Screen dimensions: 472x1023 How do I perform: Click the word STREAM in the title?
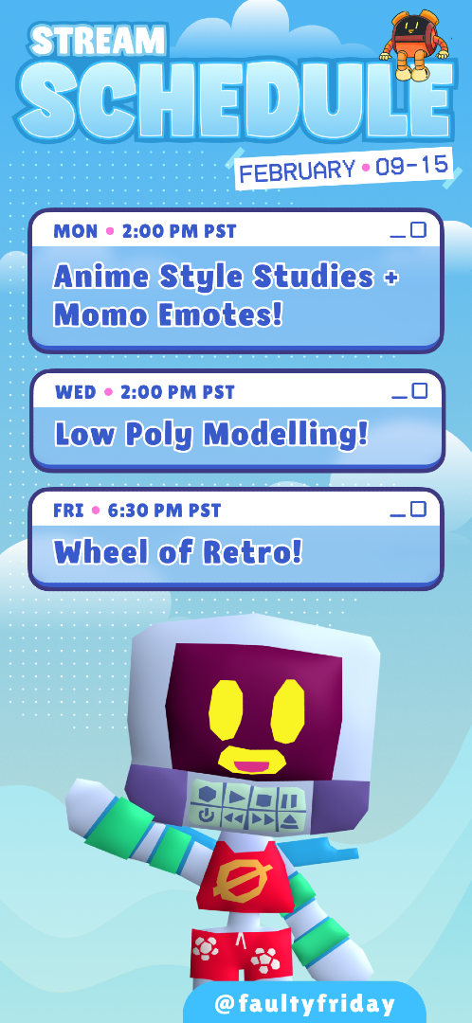tap(98, 41)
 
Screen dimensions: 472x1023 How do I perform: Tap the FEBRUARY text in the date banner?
tap(298, 171)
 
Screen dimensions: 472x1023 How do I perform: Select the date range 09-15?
tap(410, 166)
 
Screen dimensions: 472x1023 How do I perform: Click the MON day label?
tap(75, 231)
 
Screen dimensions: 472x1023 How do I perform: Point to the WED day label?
tap(76, 392)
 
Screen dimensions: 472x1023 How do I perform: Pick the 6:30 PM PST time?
tap(165, 511)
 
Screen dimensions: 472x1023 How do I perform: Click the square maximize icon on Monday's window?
tap(419, 229)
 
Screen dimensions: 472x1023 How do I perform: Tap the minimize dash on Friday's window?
tap(397, 514)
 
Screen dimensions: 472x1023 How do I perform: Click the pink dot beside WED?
tap(108, 392)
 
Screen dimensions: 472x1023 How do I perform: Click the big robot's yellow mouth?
tap(252, 760)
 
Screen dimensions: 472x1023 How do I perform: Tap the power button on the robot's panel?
tap(207, 815)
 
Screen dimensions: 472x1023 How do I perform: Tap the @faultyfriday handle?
tap(304, 1003)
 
